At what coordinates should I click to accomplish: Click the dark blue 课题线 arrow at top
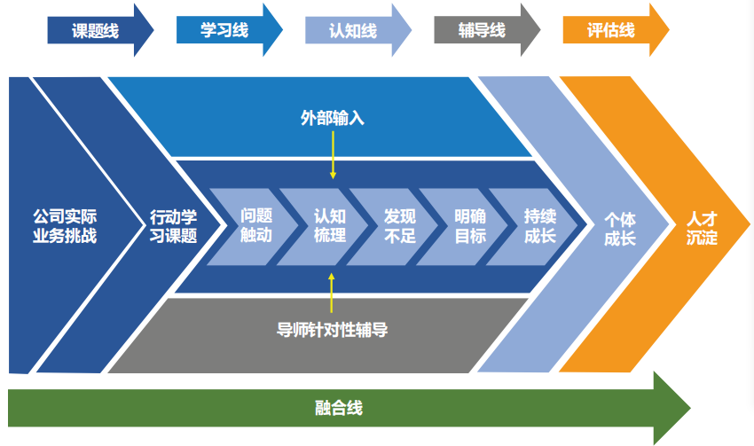click(x=97, y=30)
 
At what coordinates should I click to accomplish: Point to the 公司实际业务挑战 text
click(x=64, y=226)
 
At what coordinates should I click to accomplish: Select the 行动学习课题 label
click(x=173, y=226)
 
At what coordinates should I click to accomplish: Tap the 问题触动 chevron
click(x=257, y=226)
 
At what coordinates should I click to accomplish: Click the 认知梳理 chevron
click(x=329, y=226)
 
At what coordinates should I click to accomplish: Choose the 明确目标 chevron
click(x=470, y=226)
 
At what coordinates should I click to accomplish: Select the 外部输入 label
click(x=332, y=117)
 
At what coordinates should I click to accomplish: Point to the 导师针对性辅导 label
click(x=332, y=330)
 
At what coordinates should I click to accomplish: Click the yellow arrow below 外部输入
click(x=332, y=155)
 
